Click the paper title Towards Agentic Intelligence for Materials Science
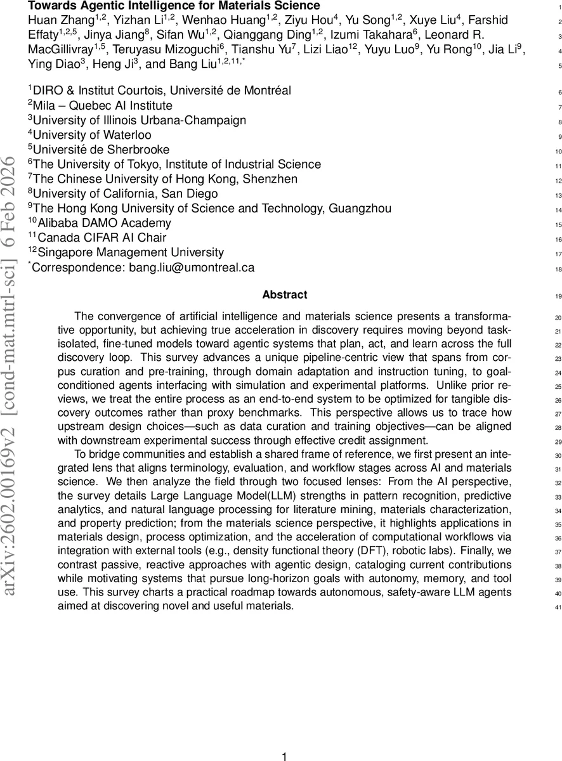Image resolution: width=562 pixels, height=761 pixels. coord(174,6)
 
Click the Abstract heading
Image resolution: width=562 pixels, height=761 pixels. coord(285,295)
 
